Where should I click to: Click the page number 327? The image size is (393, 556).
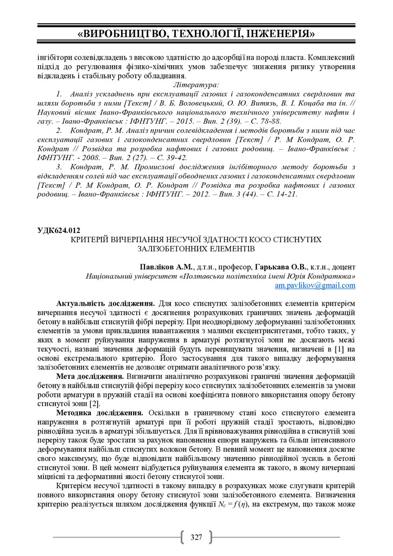coord(196,538)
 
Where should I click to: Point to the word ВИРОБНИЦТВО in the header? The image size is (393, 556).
coord(122,34)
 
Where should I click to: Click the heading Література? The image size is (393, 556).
coord(196,85)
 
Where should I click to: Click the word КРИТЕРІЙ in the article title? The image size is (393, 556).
coord(96,239)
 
